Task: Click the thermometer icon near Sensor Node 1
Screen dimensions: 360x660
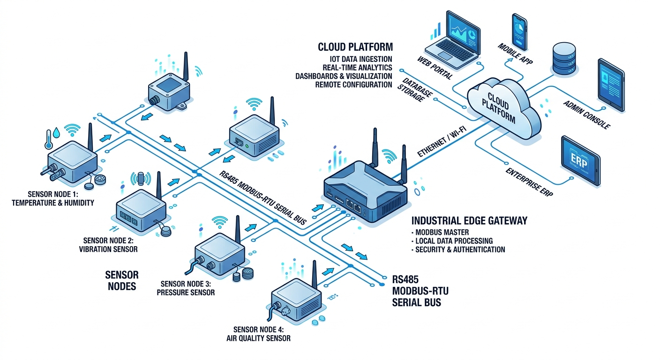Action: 49,138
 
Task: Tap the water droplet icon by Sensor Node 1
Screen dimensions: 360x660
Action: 57,133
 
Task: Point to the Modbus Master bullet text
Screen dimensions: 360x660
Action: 442,232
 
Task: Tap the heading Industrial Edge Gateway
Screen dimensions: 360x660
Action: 469,220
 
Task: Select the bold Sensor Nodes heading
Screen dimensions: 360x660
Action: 122,280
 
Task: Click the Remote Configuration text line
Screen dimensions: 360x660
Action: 353,84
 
